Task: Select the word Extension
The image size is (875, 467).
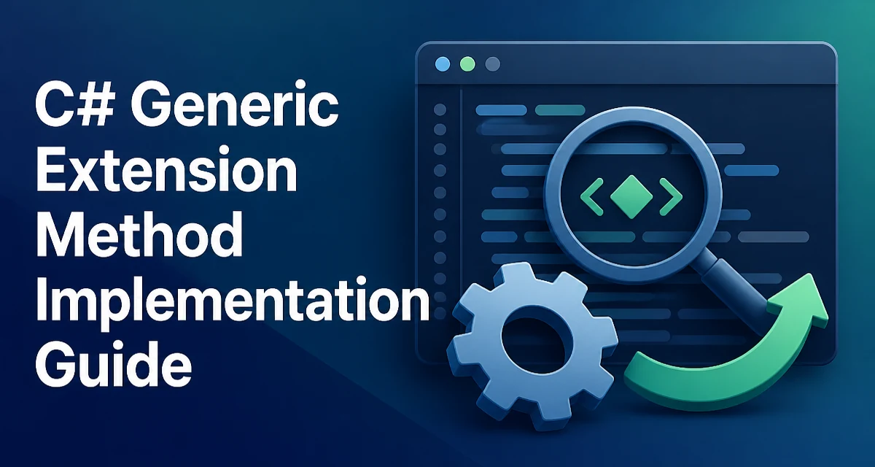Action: (167, 169)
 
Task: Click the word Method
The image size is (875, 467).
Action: (139, 234)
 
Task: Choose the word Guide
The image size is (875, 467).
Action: (114, 363)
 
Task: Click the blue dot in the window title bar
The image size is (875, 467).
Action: (443, 64)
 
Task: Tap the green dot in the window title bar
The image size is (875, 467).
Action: (467, 64)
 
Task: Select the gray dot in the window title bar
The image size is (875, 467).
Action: (493, 64)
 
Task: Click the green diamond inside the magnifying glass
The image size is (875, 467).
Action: (631, 197)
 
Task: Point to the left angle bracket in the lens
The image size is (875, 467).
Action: (592, 197)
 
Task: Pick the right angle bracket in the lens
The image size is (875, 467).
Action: (671, 197)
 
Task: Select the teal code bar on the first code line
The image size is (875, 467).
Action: (560, 110)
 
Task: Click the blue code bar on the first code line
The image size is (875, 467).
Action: (501, 110)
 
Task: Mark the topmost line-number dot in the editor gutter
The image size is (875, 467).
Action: (440, 109)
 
